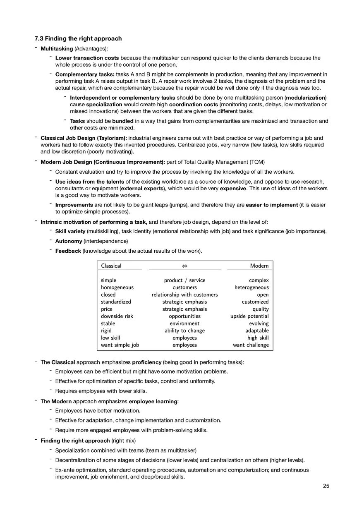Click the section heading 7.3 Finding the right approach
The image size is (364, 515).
point(78,38)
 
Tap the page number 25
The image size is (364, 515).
point(326,486)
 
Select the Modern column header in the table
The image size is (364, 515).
point(259,266)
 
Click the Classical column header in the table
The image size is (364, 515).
point(111,266)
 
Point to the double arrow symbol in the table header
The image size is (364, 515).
point(184,266)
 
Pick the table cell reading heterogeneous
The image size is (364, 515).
point(251,287)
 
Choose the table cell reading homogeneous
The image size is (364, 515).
point(117,287)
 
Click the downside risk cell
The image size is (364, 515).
point(117,316)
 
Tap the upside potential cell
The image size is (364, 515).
point(249,316)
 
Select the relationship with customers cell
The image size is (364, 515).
point(184,295)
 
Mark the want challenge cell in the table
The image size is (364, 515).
point(251,345)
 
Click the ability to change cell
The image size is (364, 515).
point(184,331)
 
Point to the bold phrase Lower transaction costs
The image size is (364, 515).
point(87,58)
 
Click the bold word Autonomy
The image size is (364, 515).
point(69,241)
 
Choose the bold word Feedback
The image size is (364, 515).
point(68,251)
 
